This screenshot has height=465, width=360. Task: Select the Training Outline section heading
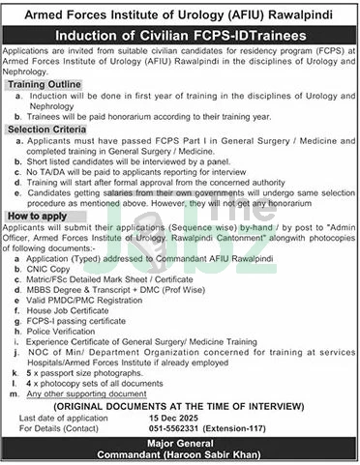(x=43, y=85)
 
